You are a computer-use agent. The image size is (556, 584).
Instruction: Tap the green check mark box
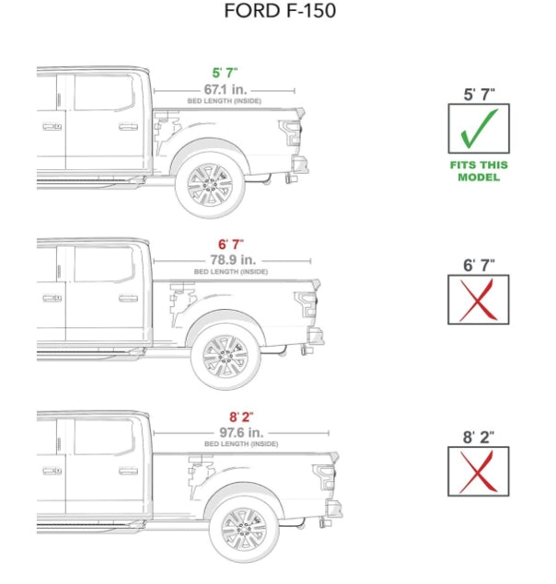(x=479, y=128)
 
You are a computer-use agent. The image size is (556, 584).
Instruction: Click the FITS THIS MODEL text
(x=479, y=171)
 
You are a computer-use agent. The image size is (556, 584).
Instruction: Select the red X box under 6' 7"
(x=479, y=300)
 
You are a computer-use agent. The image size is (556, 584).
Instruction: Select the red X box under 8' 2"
(x=479, y=471)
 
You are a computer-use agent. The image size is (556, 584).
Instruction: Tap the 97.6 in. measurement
(x=241, y=431)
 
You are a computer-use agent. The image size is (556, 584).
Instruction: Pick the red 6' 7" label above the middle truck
(x=230, y=245)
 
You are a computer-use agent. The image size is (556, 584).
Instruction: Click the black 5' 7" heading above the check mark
(x=479, y=93)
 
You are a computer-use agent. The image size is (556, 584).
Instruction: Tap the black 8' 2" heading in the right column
(x=479, y=437)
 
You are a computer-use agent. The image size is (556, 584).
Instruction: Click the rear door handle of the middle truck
(x=128, y=299)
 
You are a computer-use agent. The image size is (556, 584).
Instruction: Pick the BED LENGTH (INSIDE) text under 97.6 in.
(x=241, y=444)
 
